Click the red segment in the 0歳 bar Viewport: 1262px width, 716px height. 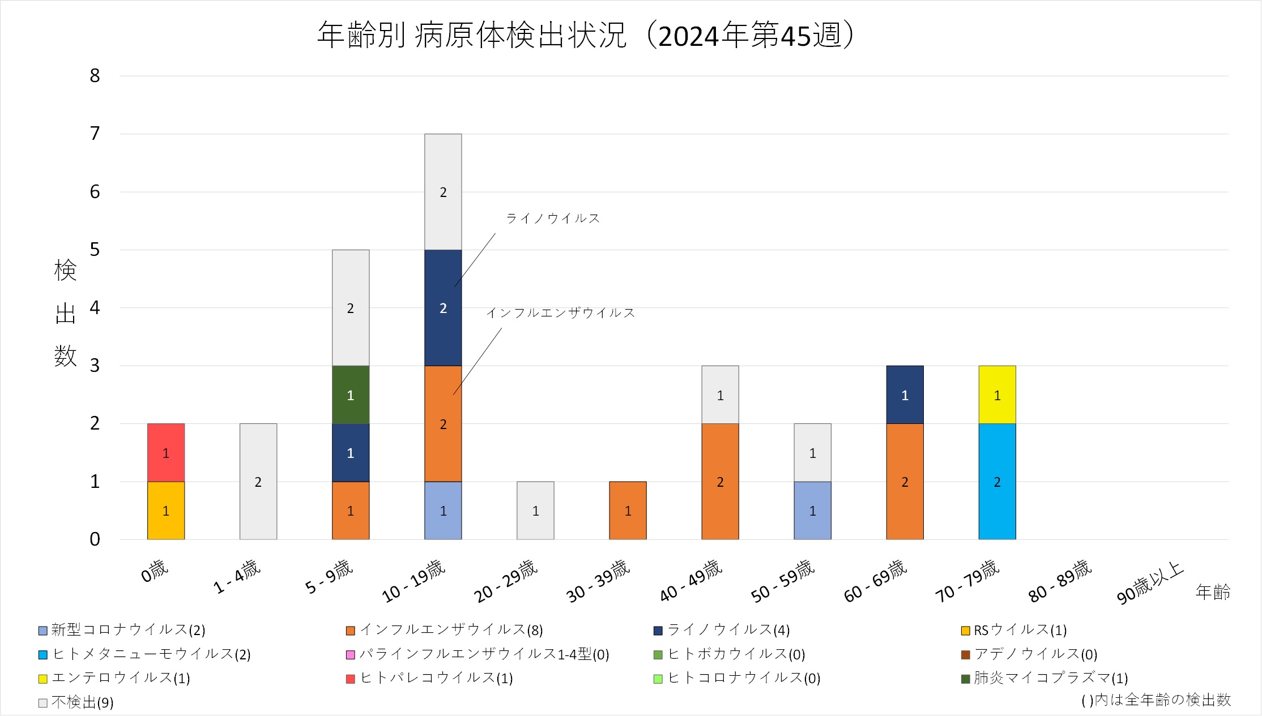coord(165,452)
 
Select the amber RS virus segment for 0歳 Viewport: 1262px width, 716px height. coord(165,511)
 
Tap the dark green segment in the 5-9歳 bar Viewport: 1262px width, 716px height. coord(350,395)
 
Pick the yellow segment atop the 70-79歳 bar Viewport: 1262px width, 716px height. coord(997,395)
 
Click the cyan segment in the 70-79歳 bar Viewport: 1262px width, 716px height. coord(997,482)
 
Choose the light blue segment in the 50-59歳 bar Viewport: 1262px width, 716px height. coord(812,511)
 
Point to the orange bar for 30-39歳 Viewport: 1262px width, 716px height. coord(628,511)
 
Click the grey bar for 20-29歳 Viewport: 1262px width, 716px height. coord(535,511)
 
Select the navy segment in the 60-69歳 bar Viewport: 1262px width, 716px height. coord(905,395)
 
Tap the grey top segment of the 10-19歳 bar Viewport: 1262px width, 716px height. coord(443,192)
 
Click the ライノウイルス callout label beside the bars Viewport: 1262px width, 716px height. coord(552,218)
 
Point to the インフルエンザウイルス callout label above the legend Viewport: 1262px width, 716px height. coord(560,312)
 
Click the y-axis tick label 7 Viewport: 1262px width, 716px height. coord(95,134)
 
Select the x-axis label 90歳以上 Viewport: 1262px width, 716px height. coord(1150,582)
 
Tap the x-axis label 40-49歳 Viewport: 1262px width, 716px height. coord(691,580)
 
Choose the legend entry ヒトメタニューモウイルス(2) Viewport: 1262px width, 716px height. coord(151,654)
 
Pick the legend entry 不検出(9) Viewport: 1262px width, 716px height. coord(82,702)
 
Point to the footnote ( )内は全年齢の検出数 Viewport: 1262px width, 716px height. coord(1156,700)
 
